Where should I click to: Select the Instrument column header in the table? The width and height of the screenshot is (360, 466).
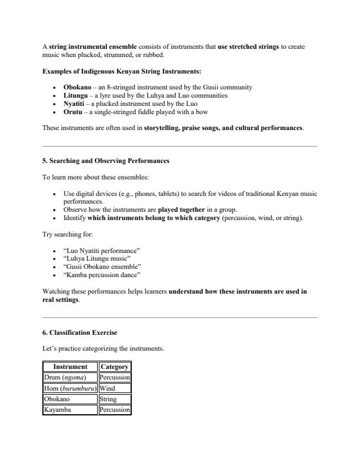click(70, 367)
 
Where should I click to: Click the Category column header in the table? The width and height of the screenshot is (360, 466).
click(115, 367)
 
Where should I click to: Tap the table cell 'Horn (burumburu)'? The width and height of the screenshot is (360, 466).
click(70, 388)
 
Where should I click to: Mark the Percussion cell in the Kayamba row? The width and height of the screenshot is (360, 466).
click(115, 410)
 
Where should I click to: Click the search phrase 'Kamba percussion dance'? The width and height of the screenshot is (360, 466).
click(102, 275)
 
